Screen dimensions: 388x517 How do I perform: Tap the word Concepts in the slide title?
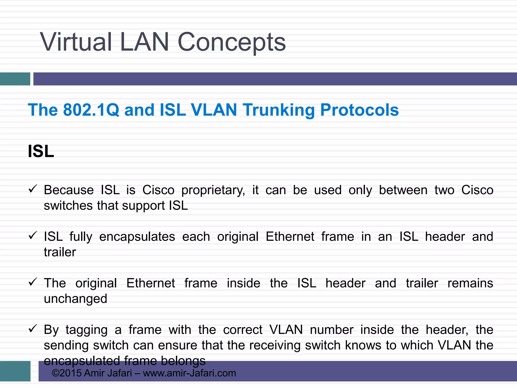[231, 42]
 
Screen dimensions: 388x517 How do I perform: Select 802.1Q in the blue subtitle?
[91, 110]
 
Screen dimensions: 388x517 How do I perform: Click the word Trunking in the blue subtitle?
[279, 110]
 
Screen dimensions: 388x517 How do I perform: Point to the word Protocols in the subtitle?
[359, 110]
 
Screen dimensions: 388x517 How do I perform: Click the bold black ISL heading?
[41, 151]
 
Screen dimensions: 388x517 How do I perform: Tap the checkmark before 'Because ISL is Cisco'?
[33, 189]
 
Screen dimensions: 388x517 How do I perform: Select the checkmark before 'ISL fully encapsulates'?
[33, 235]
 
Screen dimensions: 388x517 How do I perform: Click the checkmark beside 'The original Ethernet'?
[33, 282]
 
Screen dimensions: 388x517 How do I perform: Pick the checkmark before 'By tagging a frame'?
[33, 328]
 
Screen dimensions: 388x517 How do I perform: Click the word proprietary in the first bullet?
[213, 190]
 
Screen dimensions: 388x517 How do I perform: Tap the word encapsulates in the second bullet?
[137, 237]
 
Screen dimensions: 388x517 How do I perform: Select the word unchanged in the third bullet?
[75, 299]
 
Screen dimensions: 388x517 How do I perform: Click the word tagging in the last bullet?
[87, 330]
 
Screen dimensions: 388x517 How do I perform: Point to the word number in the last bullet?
[332, 330]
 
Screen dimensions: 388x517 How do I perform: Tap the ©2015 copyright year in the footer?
[66, 373]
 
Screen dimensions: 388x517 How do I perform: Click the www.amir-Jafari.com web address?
[189, 373]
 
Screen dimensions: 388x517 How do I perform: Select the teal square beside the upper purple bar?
[15, 79]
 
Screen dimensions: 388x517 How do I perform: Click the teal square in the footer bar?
[15, 371]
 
